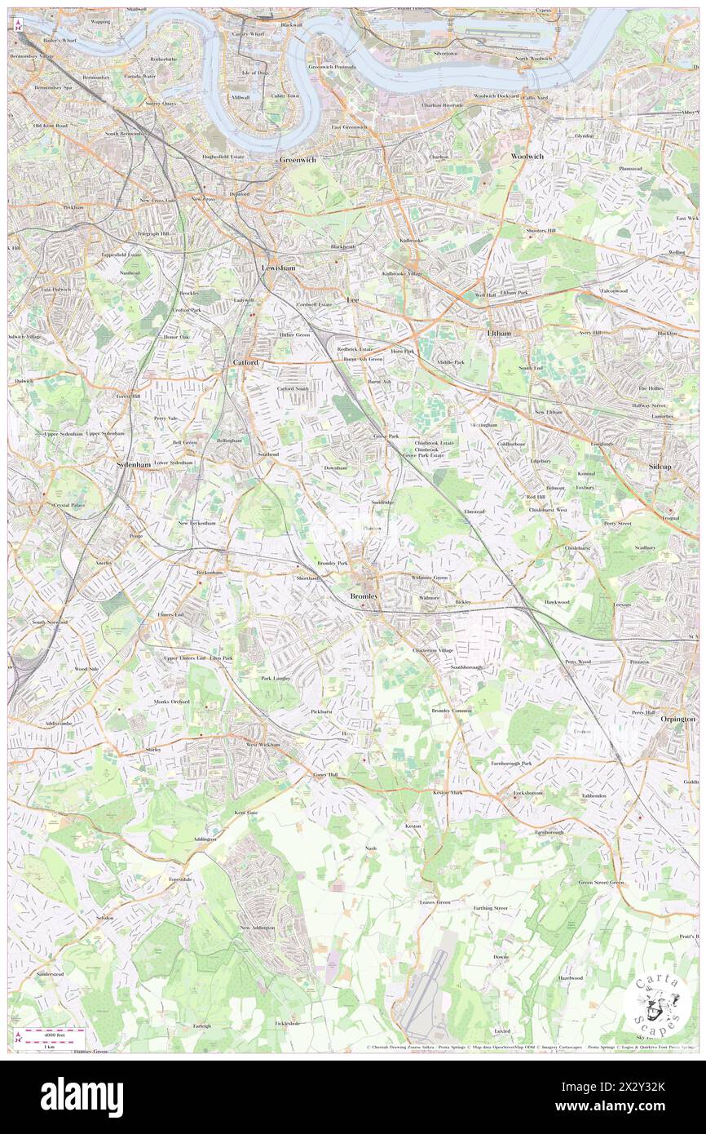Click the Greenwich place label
click(x=298, y=160)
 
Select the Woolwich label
click(x=527, y=156)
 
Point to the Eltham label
click(x=499, y=333)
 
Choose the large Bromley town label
click(x=364, y=596)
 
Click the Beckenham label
click(x=210, y=573)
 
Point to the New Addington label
click(x=257, y=928)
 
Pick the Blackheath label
click(x=342, y=247)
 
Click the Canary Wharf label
click(x=245, y=34)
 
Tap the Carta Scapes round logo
click(x=657, y=1003)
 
